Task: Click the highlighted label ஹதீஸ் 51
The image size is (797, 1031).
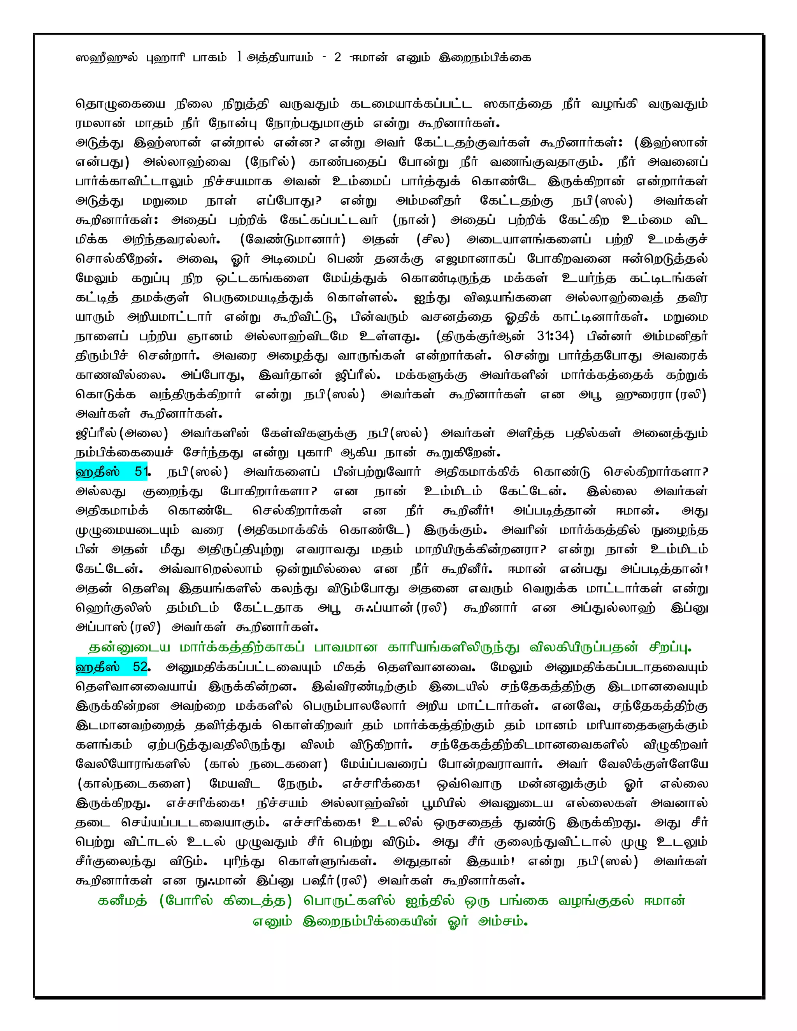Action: click(112, 472)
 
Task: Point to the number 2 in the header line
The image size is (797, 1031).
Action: click(337, 58)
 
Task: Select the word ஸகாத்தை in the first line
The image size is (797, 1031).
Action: click(518, 104)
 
